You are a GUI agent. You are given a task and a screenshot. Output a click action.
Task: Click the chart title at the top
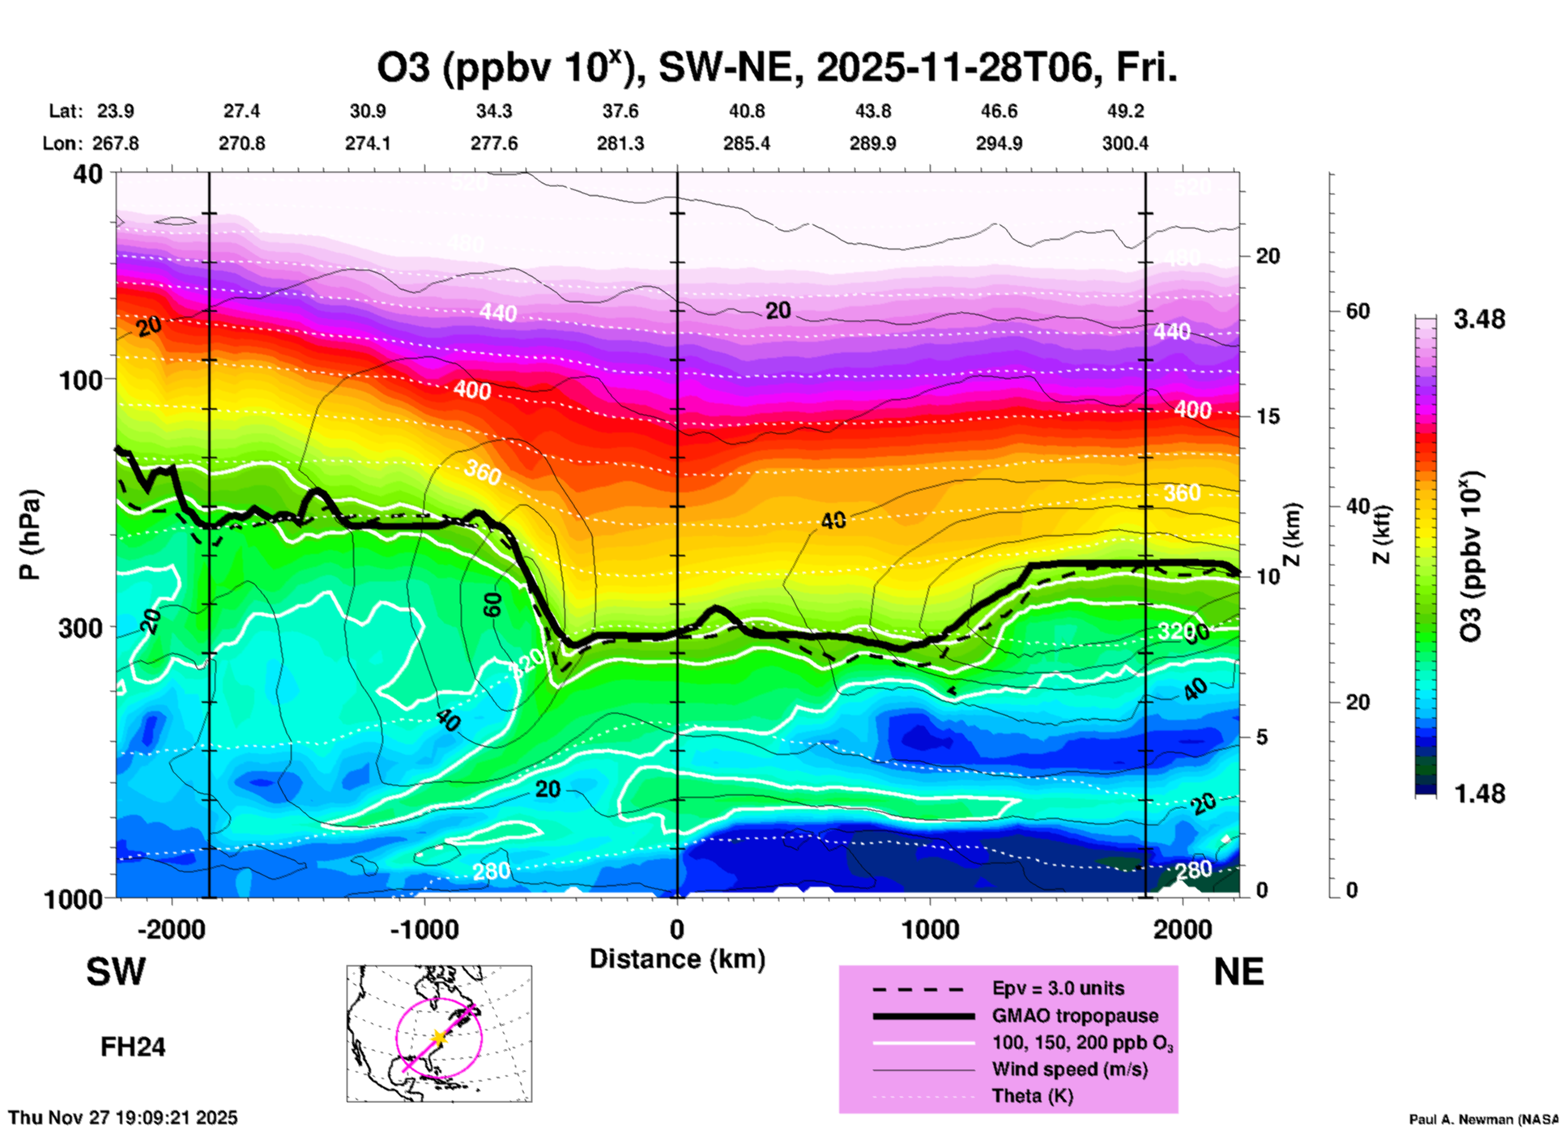pos(776,68)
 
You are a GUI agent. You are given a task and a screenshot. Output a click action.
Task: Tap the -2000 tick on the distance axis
pos(171,929)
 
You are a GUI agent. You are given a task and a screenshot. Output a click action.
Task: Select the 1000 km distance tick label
pos(930,929)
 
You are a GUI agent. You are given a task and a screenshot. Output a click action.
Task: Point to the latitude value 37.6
pos(620,111)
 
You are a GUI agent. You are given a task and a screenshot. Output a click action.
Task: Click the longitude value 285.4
pos(747,143)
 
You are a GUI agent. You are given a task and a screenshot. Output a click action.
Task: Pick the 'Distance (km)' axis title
pos(677,959)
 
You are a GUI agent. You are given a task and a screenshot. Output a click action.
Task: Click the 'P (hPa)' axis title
pos(30,535)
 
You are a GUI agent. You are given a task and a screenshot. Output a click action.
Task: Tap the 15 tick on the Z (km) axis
pos(1268,416)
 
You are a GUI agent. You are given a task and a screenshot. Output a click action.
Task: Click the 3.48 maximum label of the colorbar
pos(1479,320)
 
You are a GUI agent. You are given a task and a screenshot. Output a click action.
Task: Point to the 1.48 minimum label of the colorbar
pos(1479,793)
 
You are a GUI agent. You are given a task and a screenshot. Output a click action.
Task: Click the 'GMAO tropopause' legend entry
pos(1075,1016)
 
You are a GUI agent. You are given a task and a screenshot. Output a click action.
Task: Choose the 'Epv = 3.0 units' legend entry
pos(1058,988)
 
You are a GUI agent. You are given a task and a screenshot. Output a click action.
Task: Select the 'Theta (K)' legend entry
pos(1032,1097)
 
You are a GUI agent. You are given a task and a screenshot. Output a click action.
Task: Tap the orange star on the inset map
pos(438,1037)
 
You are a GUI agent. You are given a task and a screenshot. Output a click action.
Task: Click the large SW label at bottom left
pos(116,972)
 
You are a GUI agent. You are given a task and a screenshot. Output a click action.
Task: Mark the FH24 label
pos(133,1047)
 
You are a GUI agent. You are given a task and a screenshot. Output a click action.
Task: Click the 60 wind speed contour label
pos(492,604)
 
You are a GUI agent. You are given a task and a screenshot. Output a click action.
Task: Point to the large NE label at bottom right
pos(1238,972)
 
